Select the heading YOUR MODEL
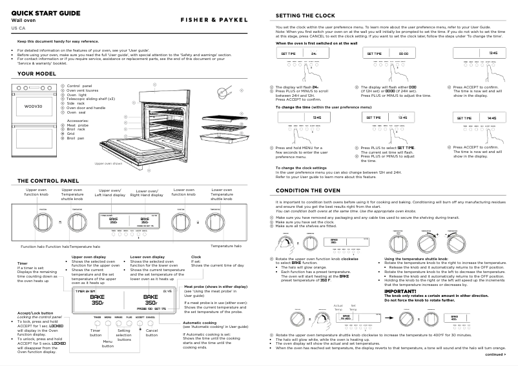[39, 74]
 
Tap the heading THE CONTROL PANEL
[48, 180]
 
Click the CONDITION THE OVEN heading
[308, 191]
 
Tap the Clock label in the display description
[196, 256]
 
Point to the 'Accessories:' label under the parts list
[79, 121]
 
